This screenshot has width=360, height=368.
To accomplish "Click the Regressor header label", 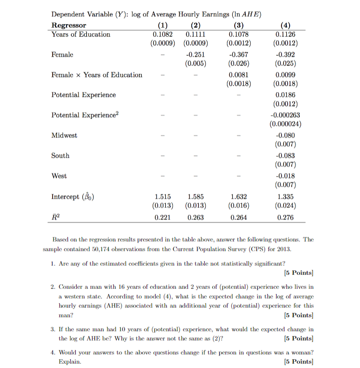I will tap(69, 25).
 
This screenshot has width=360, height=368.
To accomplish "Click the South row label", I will tap(60, 156).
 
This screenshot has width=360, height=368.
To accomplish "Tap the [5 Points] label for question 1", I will tap(299, 273).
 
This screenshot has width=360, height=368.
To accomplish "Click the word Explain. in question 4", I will tap(70, 361).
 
